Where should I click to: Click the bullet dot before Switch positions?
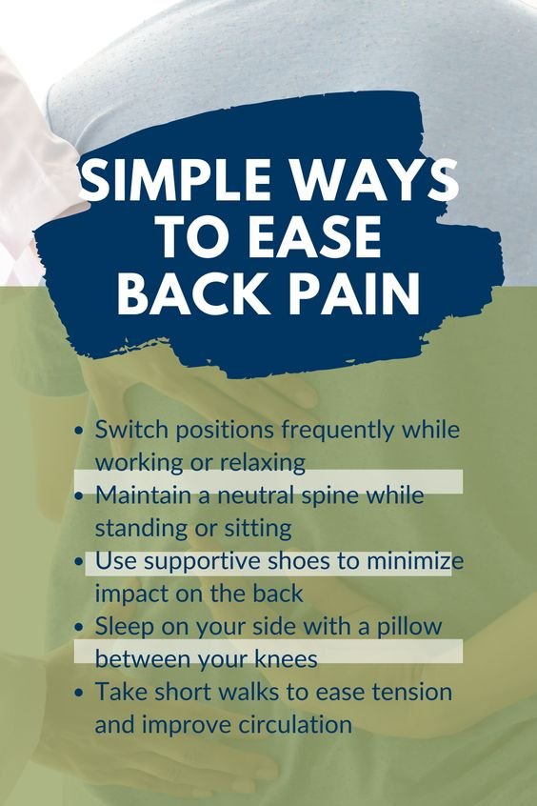coord(79,431)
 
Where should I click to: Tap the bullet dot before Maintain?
coord(79,496)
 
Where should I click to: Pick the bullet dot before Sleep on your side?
coord(79,626)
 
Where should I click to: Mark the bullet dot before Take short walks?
coord(79,692)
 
